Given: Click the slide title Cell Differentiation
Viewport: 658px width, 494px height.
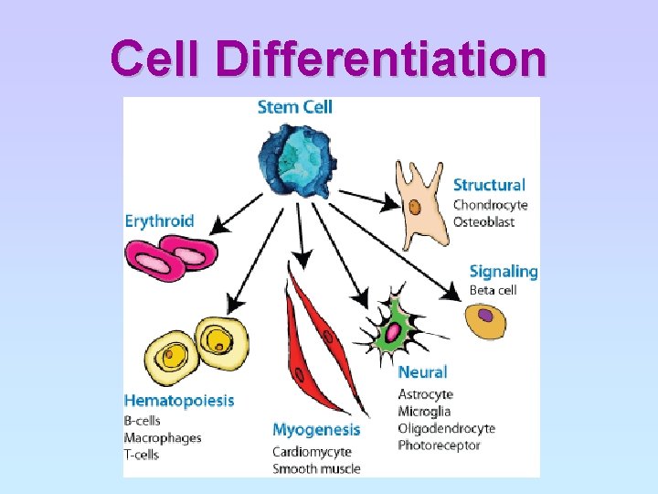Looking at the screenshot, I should [x=329, y=59].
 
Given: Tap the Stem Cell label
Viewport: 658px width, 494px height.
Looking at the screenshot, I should [x=294, y=107].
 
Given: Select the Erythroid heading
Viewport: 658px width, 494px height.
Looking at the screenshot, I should [x=159, y=220].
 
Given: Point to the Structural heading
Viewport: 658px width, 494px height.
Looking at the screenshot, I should [x=489, y=186].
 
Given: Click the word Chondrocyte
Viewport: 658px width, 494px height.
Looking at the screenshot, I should [x=490, y=205].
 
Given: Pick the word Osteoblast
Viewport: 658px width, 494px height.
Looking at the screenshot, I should [x=483, y=221].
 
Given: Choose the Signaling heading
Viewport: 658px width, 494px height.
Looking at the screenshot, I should [x=503, y=272].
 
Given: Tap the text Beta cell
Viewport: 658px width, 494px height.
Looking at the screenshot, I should [x=493, y=291].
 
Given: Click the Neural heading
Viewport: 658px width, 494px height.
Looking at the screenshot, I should [x=422, y=372].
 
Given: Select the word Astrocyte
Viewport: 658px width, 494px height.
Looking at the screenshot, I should [x=425, y=394].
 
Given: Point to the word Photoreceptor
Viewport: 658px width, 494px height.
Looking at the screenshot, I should [x=439, y=445].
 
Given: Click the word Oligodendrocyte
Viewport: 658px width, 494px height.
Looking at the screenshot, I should [x=446, y=428].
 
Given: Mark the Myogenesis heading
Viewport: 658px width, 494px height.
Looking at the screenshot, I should [x=316, y=430].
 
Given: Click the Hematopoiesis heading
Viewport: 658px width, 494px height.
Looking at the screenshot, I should [x=179, y=401].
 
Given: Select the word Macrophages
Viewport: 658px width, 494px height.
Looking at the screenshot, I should [x=162, y=438].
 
